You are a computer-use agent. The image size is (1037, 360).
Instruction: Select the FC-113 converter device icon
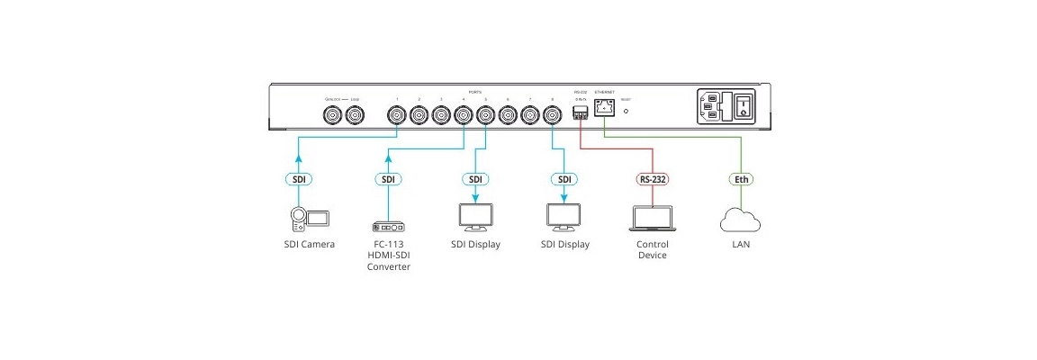388,225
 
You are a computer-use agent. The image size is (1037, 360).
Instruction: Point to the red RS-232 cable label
654,179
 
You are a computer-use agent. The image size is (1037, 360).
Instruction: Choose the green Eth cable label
741,179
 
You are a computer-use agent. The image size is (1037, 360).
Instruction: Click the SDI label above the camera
298,179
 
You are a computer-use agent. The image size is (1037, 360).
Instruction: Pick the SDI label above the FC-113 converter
388,179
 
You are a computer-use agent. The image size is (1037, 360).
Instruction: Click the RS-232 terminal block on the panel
581,112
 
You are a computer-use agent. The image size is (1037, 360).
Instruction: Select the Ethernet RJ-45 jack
605,111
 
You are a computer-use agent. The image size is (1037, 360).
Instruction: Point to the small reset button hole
627,113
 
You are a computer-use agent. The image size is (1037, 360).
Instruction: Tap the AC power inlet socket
710,107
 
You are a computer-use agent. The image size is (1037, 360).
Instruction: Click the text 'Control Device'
654,249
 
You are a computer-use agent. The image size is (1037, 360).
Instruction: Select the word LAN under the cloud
741,245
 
